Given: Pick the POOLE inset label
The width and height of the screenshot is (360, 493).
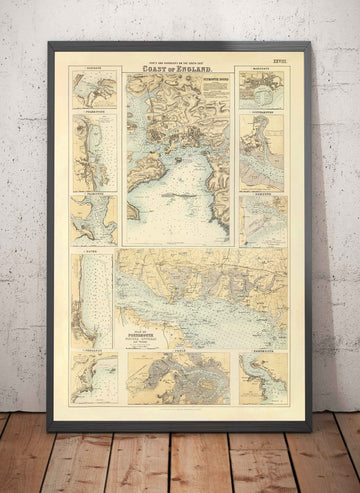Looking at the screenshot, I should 179,352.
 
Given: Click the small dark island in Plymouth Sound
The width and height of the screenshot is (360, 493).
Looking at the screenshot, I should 177,157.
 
